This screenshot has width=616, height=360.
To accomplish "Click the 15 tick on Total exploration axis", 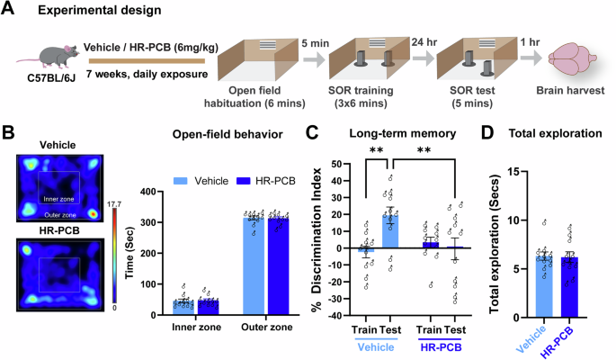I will [x=513, y=167].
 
